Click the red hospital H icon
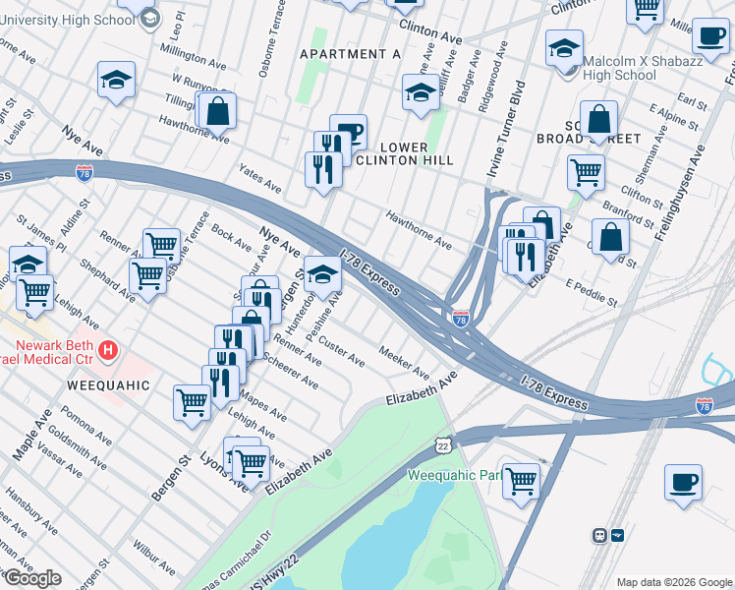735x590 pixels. click(x=109, y=349)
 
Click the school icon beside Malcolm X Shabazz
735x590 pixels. click(x=565, y=49)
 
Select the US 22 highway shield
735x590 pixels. click(x=444, y=445)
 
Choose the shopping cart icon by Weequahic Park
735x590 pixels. click(x=520, y=481)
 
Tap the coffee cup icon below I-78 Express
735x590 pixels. click(x=683, y=482)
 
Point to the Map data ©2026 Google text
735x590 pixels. click(x=673, y=582)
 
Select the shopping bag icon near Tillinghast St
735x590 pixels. click(x=217, y=111)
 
